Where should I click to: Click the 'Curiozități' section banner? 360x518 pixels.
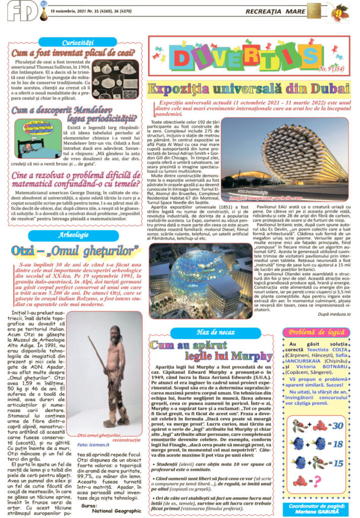[x=74, y=41]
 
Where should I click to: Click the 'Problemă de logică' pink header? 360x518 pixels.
[x=316, y=332]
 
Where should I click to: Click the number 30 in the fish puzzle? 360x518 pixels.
[x=338, y=425]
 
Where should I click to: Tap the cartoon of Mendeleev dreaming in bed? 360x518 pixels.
[x=38, y=137]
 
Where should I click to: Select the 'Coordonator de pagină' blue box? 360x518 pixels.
[x=316, y=506]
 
